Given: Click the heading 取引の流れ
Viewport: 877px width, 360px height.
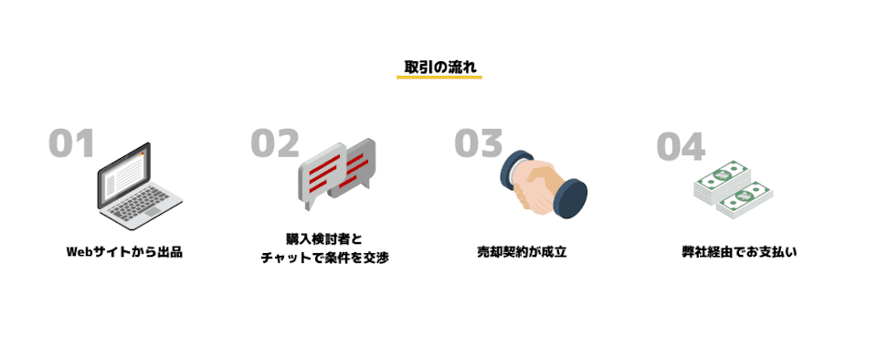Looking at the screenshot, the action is coord(439,67).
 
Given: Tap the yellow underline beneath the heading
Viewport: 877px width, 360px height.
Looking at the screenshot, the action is coord(439,78).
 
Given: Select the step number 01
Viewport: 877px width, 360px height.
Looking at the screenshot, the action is coord(71,144).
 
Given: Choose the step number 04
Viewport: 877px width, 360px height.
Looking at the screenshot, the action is coord(681,146).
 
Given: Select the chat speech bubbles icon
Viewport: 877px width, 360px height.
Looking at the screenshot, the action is coord(337,172).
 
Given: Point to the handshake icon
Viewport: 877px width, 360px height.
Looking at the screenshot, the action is coord(543,183).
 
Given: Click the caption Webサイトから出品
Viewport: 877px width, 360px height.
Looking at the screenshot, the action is coord(124,251).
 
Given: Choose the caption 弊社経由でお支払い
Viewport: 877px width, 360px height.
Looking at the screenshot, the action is coord(739,251).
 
